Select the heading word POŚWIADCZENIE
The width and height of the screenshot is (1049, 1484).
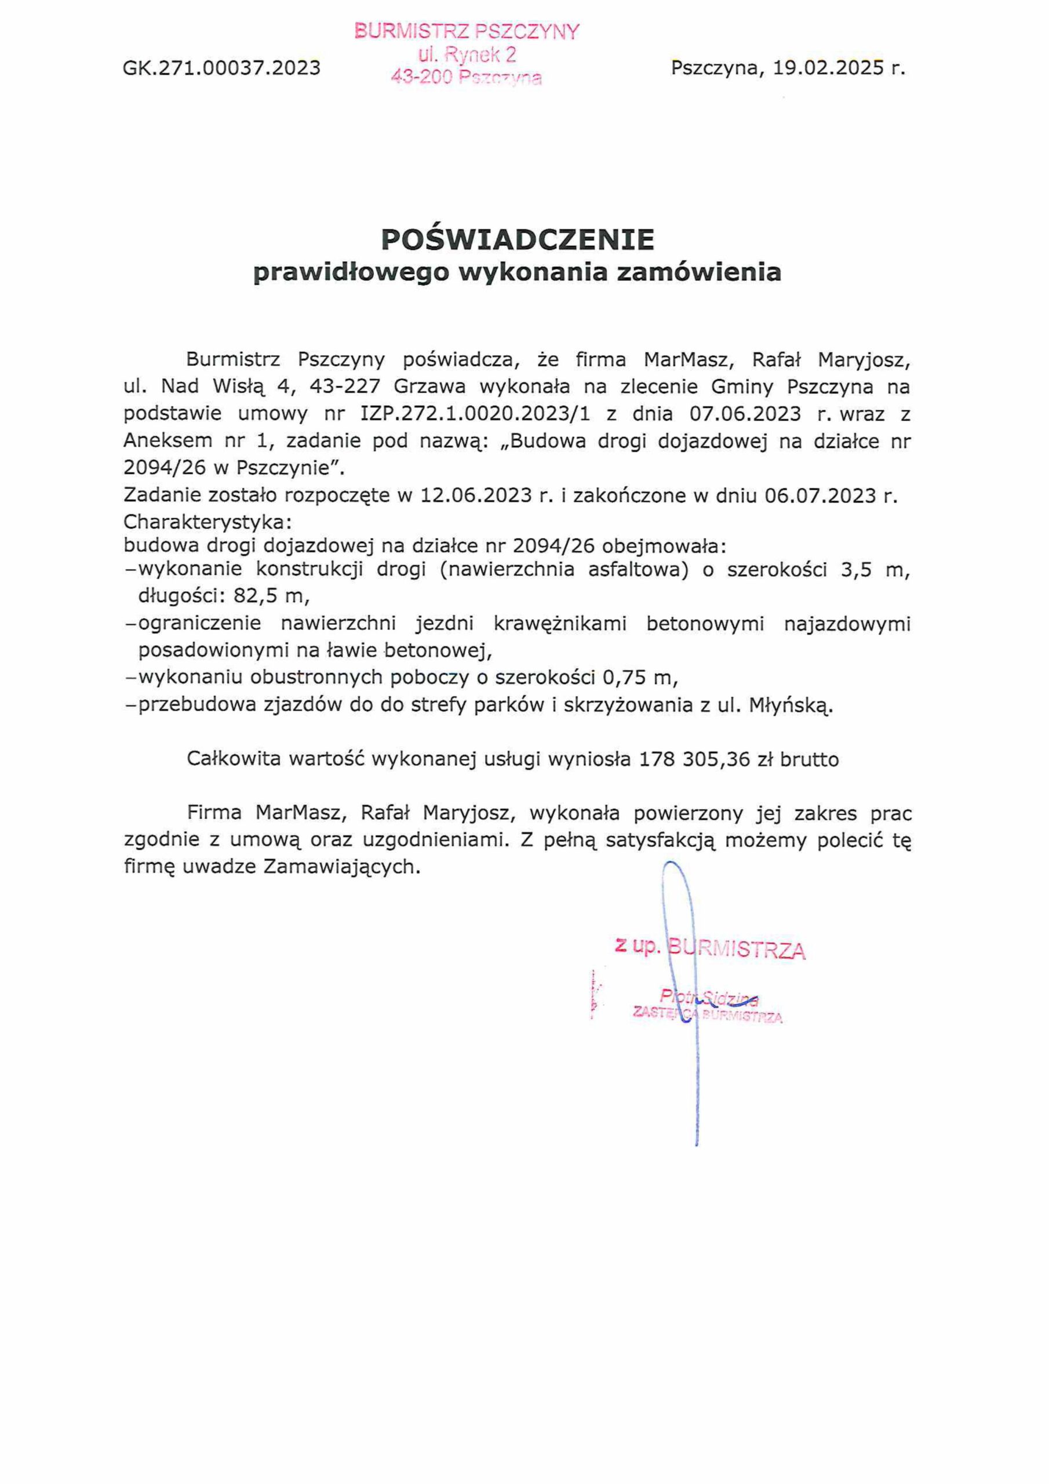click(518, 239)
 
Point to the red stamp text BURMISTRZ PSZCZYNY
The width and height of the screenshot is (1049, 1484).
click(467, 31)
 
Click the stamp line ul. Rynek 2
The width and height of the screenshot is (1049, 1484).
click(467, 55)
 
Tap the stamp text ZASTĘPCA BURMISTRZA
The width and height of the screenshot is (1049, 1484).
click(708, 1016)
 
